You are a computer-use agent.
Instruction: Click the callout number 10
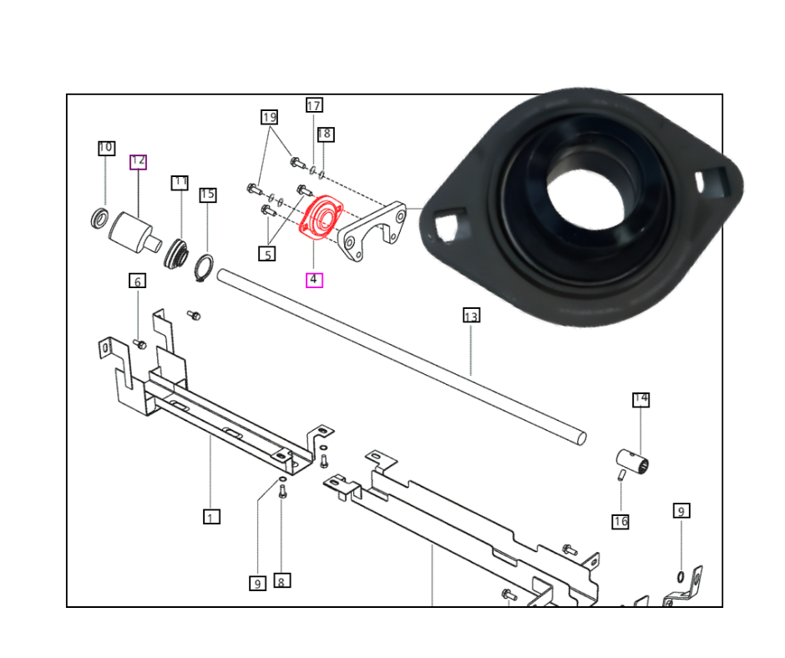pos(106,148)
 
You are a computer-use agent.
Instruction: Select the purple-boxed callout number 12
pos(138,162)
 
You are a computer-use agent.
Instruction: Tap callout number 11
pos(180,182)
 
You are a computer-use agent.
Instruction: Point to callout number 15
pos(207,195)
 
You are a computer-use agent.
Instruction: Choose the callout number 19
pos(268,117)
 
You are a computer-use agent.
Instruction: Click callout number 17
pos(314,105)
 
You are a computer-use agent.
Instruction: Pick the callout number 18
pos(325,134)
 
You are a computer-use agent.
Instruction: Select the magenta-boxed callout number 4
pos(314,280)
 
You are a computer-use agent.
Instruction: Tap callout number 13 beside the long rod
pos(471,316)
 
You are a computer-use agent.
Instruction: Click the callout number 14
pos(641,399)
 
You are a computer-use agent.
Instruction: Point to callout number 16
pos(620,522)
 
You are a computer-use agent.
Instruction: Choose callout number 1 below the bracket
pos(211,517)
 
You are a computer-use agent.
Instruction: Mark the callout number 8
pos(282,580)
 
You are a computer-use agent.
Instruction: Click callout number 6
pos(138,281)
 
